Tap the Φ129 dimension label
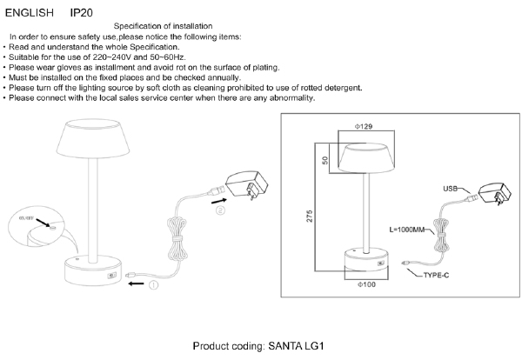click(x=364, y=128)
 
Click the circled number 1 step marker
click(x=154, y=284)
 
